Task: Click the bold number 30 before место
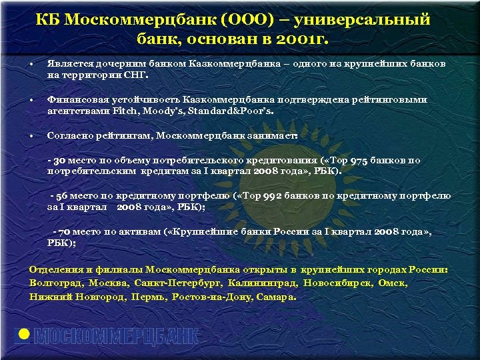tap(59, 161)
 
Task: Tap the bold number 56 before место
tap(62, 197)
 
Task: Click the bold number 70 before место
tap(65, 233)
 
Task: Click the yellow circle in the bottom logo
tap(23, 336)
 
